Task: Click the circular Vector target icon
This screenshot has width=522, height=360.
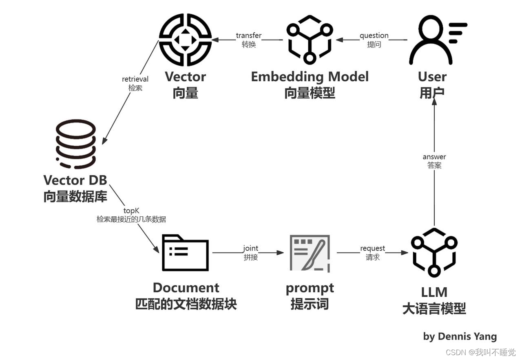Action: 185,40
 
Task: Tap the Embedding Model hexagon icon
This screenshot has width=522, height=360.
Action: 310,40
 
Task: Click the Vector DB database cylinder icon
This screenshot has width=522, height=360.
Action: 76,144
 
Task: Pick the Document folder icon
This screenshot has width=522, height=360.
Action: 185,253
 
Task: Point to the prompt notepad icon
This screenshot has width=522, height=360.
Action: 310,253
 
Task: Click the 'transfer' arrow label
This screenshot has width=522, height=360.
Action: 249,36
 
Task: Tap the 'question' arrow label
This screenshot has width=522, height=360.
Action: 374,36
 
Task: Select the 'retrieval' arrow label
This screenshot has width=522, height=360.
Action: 135,79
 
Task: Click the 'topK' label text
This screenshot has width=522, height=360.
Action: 131,211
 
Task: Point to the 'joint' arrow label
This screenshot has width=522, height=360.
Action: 250,249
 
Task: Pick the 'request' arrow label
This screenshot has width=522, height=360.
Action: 372,249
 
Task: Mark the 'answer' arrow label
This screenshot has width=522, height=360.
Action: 434,157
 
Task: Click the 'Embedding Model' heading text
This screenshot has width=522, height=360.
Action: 310,77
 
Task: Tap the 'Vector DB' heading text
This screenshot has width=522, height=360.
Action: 75,180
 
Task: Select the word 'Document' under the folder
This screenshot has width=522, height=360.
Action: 186,288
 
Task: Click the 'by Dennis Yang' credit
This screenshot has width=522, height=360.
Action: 460,336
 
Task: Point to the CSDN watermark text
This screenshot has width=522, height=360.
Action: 480,352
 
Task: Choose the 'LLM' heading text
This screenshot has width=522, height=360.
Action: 434,292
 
